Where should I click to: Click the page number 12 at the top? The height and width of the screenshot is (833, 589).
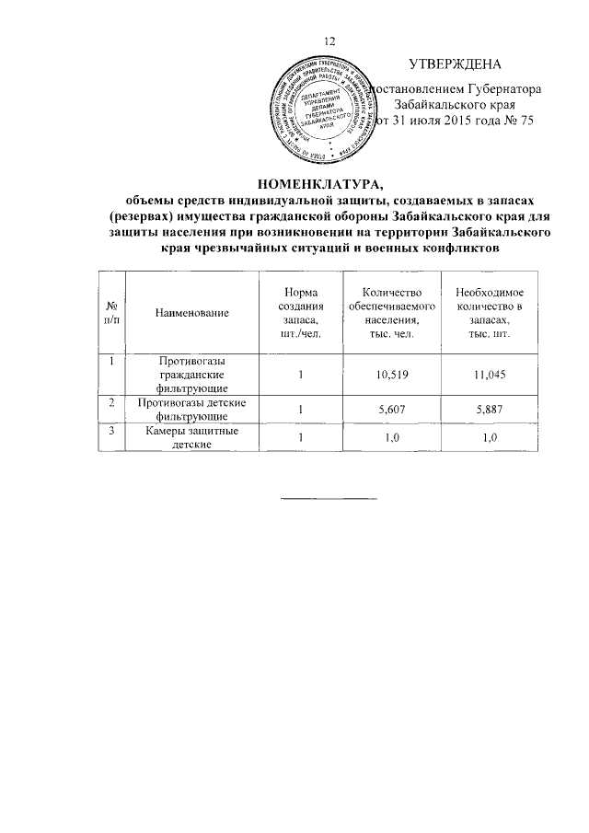(331, 40)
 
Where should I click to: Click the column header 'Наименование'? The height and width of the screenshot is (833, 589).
(191, 313)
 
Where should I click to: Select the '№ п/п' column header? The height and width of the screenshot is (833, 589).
(111, 312)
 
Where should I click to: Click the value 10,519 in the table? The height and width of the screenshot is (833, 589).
(392, 376)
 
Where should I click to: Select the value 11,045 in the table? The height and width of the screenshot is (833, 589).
(489, 376)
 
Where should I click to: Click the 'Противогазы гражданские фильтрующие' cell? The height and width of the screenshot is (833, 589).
(191, 376)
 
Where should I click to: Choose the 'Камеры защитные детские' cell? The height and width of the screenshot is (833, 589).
(191, 438)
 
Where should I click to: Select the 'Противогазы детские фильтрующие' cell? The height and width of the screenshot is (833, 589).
(191, 410)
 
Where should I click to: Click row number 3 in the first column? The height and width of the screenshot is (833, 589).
(111, 433)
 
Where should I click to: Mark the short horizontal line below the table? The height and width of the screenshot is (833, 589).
(329, 499)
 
